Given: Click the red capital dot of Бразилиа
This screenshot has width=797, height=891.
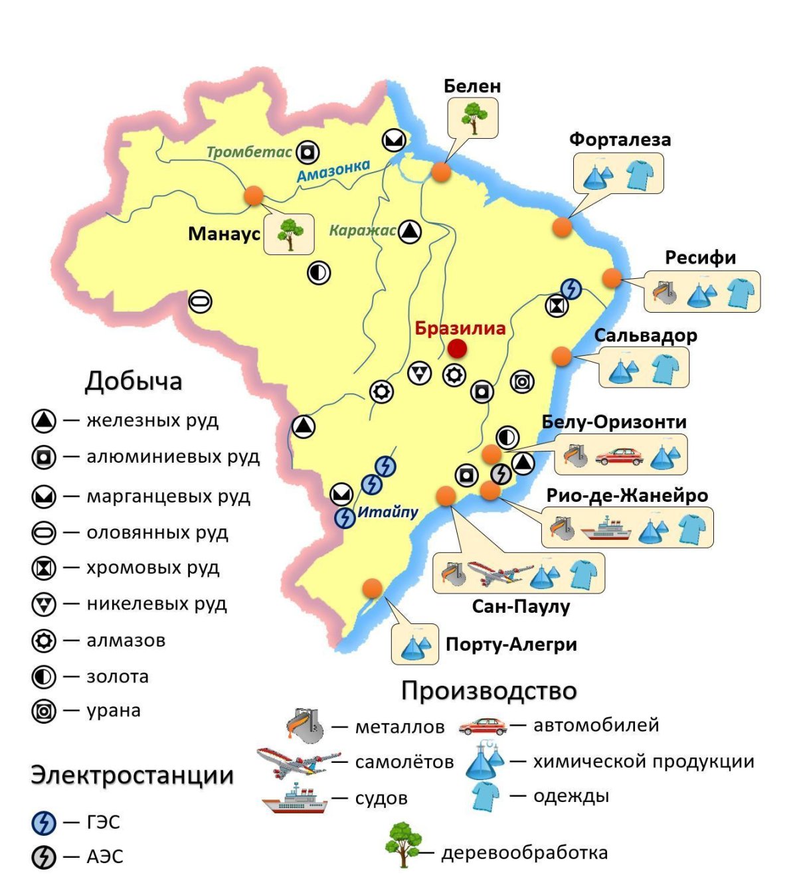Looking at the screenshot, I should tap(457, 349).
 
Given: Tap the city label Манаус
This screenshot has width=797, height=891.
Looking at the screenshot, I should tap(224, 234).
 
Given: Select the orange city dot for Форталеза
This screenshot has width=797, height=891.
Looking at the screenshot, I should tap(562, 226).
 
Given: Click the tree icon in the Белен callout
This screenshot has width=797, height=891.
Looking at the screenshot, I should tap(473, 118).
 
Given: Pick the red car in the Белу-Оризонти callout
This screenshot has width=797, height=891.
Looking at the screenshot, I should tap(619, 456).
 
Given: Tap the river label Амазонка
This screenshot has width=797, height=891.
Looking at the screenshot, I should tap(333, 171).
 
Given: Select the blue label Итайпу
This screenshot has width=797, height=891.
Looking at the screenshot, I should tap(388, 512).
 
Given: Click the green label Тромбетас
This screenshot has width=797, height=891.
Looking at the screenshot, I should tap(249, 152).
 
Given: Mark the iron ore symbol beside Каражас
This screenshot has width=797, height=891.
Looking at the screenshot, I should tap(410, 232).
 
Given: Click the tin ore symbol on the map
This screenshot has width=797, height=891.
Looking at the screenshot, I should tap(200, 301).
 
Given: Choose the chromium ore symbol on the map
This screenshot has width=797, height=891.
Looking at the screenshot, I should tap(557, 306).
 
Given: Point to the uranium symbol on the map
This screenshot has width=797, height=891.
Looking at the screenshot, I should tap(522, 382).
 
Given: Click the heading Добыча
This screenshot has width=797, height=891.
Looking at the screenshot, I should tap(133, 381).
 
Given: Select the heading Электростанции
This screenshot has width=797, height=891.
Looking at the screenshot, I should tap(132, 775).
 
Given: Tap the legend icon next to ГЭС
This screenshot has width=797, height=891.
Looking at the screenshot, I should tap(44, 823).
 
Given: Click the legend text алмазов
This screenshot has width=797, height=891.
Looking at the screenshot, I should tap(126, 641).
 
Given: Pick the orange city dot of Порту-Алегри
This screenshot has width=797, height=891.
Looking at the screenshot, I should tap(372, 588).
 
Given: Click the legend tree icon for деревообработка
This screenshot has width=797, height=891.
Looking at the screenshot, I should tap(403, 845).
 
